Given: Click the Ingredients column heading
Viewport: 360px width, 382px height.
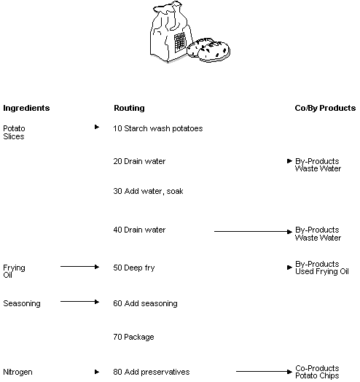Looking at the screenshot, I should coord(26,108).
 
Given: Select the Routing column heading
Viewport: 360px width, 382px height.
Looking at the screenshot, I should coord(129,108).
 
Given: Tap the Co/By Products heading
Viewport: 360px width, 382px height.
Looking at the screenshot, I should coord(325,108).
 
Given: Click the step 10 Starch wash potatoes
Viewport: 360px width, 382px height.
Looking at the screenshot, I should coord(158,128).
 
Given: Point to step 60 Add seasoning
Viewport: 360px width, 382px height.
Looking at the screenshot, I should coord(145,303).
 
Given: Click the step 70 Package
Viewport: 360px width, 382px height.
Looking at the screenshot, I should coord(133,338).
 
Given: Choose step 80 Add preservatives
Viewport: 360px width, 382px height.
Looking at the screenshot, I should coord(152,373).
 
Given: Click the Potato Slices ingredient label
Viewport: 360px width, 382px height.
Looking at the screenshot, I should coord(14,132).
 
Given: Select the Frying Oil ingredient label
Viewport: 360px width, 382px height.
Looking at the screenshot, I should coord(14,271).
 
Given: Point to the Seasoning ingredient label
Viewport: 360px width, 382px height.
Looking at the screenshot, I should coord(22,303).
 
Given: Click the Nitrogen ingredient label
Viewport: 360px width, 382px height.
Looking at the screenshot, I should coord(18,373).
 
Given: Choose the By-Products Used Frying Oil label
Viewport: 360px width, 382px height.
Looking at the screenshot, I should coord(321,268).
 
